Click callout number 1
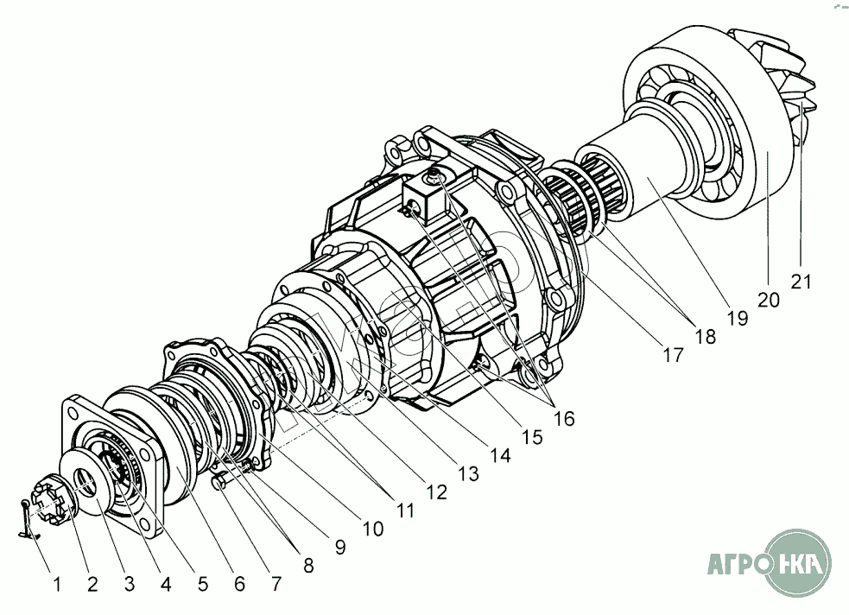(x=57, y=585)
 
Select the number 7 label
(x=276, y=584)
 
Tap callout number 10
(x=372, y=529)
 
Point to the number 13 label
(x=469, y=473)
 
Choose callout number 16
(x=564, y=418)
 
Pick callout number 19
(x=737, y=318)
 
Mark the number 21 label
(x=801, y=282)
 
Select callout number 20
(x=769, y=300)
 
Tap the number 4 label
(x=166, y=584)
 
